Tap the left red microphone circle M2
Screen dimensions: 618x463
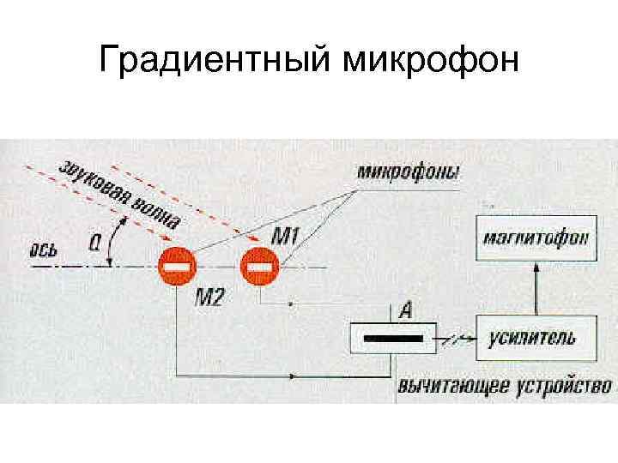178,267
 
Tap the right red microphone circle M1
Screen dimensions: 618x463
257,267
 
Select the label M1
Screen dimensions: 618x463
284,234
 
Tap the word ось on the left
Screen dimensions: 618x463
44,250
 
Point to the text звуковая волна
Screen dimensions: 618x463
120,194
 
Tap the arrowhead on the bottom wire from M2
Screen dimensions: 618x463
297,375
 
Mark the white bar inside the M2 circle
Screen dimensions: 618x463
178,267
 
